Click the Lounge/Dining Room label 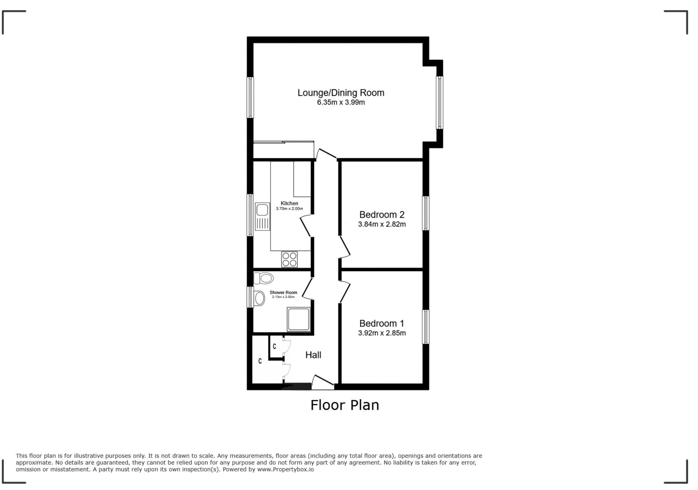pos(341,93)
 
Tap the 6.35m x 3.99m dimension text pos(341,102)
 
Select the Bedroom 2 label pos(382,215)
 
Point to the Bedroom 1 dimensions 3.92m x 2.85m pos(382,333)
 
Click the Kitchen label pos(289,203)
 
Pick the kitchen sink pos(262,216)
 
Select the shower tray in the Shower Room pos(299,319)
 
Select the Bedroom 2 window pos(426,213)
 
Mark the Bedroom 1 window pos(426,327)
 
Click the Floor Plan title pos(345,405)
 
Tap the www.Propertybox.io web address pos(285,469)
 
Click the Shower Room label pos(283,293)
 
